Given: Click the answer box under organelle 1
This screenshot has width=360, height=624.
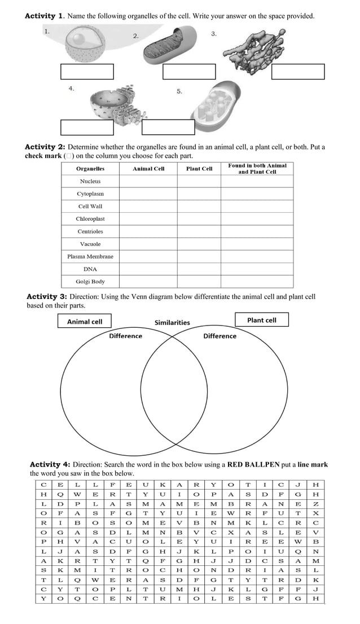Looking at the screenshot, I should (x=87, y=72).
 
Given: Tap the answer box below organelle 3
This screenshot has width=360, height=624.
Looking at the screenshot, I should (x=298, y=72).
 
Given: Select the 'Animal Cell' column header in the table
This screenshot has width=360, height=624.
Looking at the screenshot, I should (x=148, y=169).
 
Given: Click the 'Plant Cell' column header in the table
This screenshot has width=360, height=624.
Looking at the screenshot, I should (x=199, y=169).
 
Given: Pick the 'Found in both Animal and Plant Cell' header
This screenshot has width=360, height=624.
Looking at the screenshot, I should (x=257, y=169).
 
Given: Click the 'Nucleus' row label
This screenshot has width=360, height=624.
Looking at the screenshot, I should (x=90, y=181).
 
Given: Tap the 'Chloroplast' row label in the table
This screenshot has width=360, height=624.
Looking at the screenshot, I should (x=90, y=219).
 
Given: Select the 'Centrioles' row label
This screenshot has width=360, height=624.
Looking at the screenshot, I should (x=90, y=231).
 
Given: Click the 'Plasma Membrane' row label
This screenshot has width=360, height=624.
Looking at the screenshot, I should (x=90, y=256).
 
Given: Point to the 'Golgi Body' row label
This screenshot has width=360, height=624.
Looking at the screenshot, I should (x=90, y=282).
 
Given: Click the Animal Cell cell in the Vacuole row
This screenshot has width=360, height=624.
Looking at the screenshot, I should (x=148, y=244).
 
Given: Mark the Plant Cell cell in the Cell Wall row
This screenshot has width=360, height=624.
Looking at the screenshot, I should (x=199, y=206).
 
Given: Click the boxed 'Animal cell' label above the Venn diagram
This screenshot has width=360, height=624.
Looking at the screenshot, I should (x=85, y=321).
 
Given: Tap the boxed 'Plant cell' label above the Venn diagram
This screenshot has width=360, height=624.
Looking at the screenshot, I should (x=262, y=320).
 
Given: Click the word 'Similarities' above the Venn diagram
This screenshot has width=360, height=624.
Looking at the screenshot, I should (x=172, y=323).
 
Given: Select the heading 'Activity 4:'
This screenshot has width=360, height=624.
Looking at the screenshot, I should (x=50, y=465).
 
